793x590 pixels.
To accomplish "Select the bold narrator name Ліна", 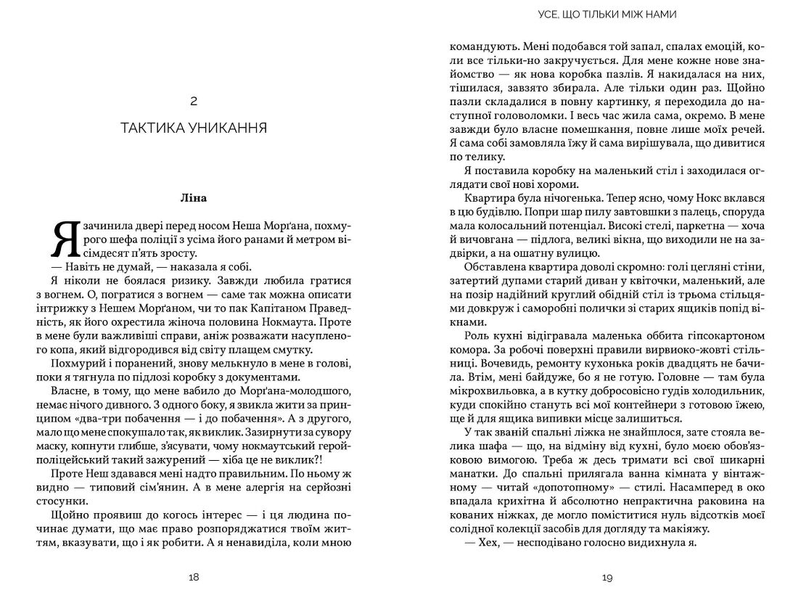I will (194, 197).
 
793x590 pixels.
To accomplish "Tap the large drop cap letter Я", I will (65, 239).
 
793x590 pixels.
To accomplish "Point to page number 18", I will (194, 577).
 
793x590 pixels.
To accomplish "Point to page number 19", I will (608, 577).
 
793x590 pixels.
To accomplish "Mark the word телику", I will (479, 155).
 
